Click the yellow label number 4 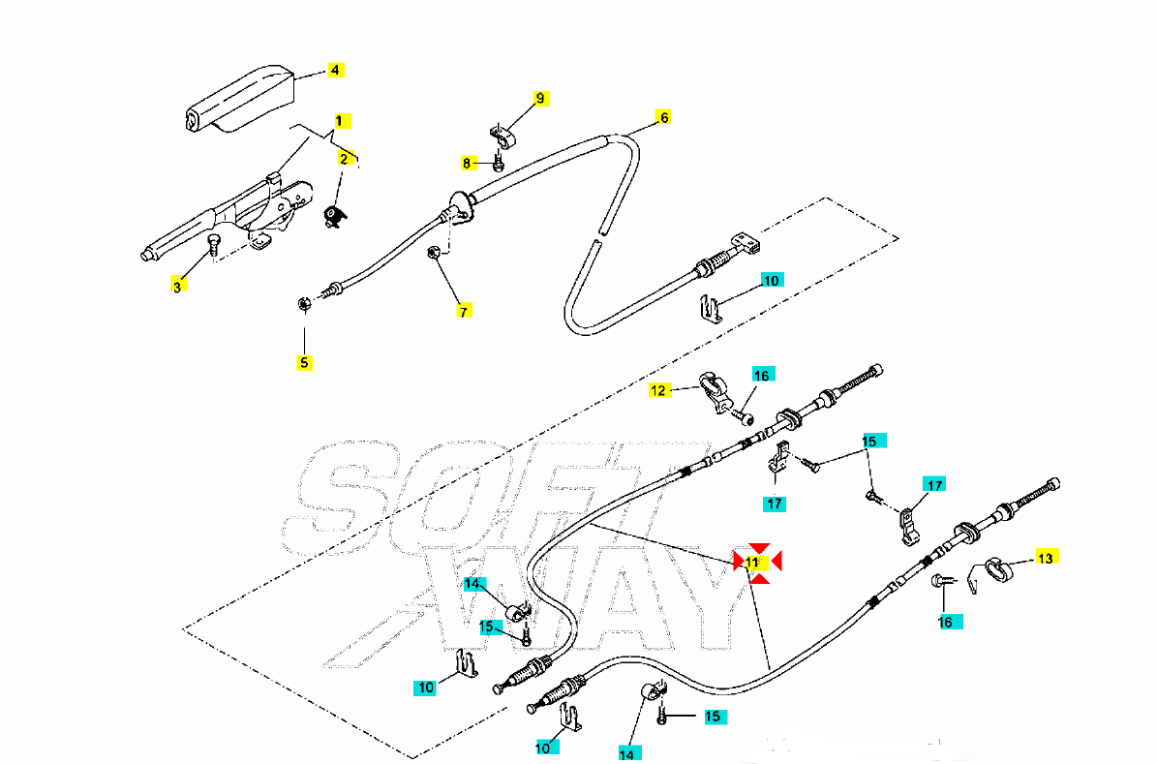335,70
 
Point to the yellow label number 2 344,158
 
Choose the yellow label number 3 177,286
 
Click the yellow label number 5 304,363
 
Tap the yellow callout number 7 465,311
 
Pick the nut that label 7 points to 435,254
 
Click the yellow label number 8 466,164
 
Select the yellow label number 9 541,98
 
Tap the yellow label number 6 664,117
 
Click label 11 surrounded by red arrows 753,562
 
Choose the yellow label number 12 658,390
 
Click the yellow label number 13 1045,558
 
